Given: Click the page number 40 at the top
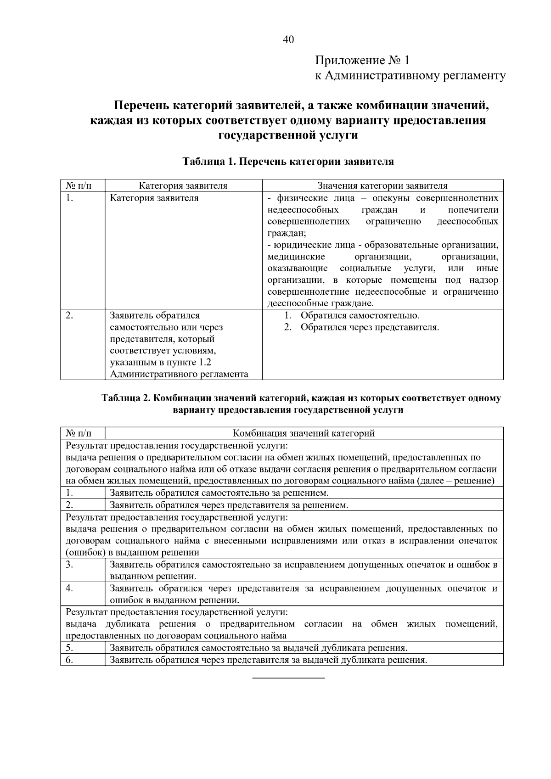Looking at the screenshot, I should [288, 39].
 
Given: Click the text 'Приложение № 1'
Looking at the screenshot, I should [362, 61].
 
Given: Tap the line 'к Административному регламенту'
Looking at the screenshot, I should [410, 76].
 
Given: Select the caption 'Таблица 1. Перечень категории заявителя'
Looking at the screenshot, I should [288, 162].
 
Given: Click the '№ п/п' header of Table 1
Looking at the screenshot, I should [79, 186].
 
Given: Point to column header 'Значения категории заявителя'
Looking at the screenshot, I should [382, 186].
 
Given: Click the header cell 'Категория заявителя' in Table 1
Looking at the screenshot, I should [183, 186].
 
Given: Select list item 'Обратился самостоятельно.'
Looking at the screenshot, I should [360, 316].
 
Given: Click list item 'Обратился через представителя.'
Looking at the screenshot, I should [370, 327].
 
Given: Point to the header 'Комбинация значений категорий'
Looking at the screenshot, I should [304, 433].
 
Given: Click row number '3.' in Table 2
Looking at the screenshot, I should [69, 565].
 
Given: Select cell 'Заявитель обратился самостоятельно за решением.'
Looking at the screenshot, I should [219, 493].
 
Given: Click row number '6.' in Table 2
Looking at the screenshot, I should [69, 660].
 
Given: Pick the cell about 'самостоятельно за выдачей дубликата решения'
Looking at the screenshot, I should [259, 648].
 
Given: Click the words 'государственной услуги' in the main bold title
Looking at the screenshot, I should [288, 135].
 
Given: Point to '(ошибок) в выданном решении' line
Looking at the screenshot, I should [132, 553].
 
